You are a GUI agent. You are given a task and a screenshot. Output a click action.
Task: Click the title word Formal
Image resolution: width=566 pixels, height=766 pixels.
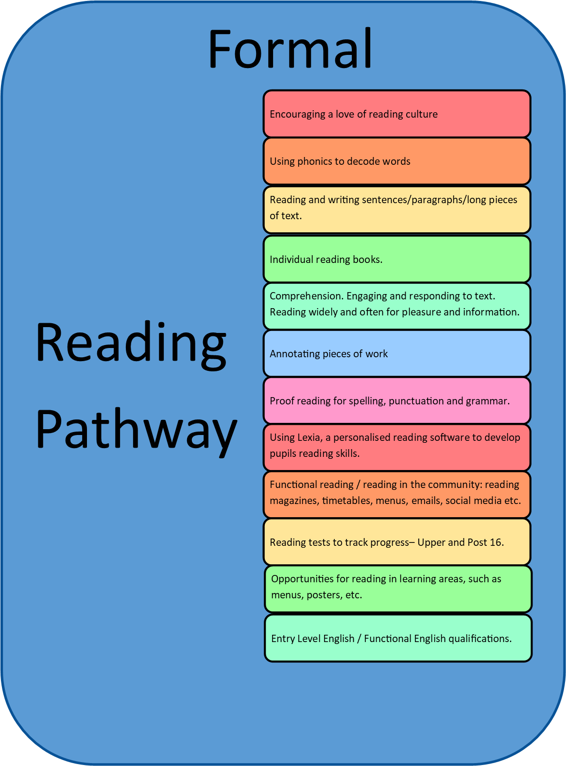290,48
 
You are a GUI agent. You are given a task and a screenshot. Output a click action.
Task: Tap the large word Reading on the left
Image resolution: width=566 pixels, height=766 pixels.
131,346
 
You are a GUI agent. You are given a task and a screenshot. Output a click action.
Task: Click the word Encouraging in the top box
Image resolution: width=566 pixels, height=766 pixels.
297,114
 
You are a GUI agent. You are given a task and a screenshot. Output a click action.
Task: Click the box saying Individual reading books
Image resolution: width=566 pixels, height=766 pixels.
397,259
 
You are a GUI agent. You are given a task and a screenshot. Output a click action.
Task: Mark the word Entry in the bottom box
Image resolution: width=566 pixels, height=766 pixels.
282,639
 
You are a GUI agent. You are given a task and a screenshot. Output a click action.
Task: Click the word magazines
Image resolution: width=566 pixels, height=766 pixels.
294,501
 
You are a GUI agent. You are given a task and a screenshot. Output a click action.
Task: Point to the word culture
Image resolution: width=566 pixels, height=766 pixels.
421,114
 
